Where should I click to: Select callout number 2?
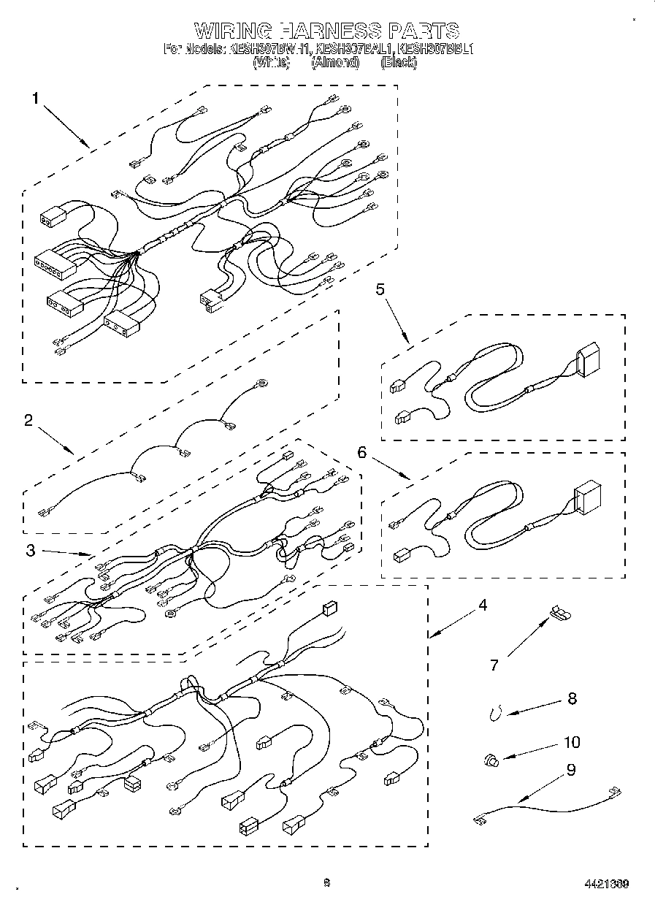28,420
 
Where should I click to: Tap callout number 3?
30,551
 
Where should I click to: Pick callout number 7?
494,665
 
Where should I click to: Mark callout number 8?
572,698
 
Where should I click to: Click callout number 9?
571,769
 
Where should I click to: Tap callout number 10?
572,742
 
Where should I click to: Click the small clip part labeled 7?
560,612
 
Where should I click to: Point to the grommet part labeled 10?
491,761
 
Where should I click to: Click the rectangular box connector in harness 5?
588,362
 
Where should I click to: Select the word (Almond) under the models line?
335,63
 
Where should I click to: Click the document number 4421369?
606,884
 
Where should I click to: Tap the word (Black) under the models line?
399,63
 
